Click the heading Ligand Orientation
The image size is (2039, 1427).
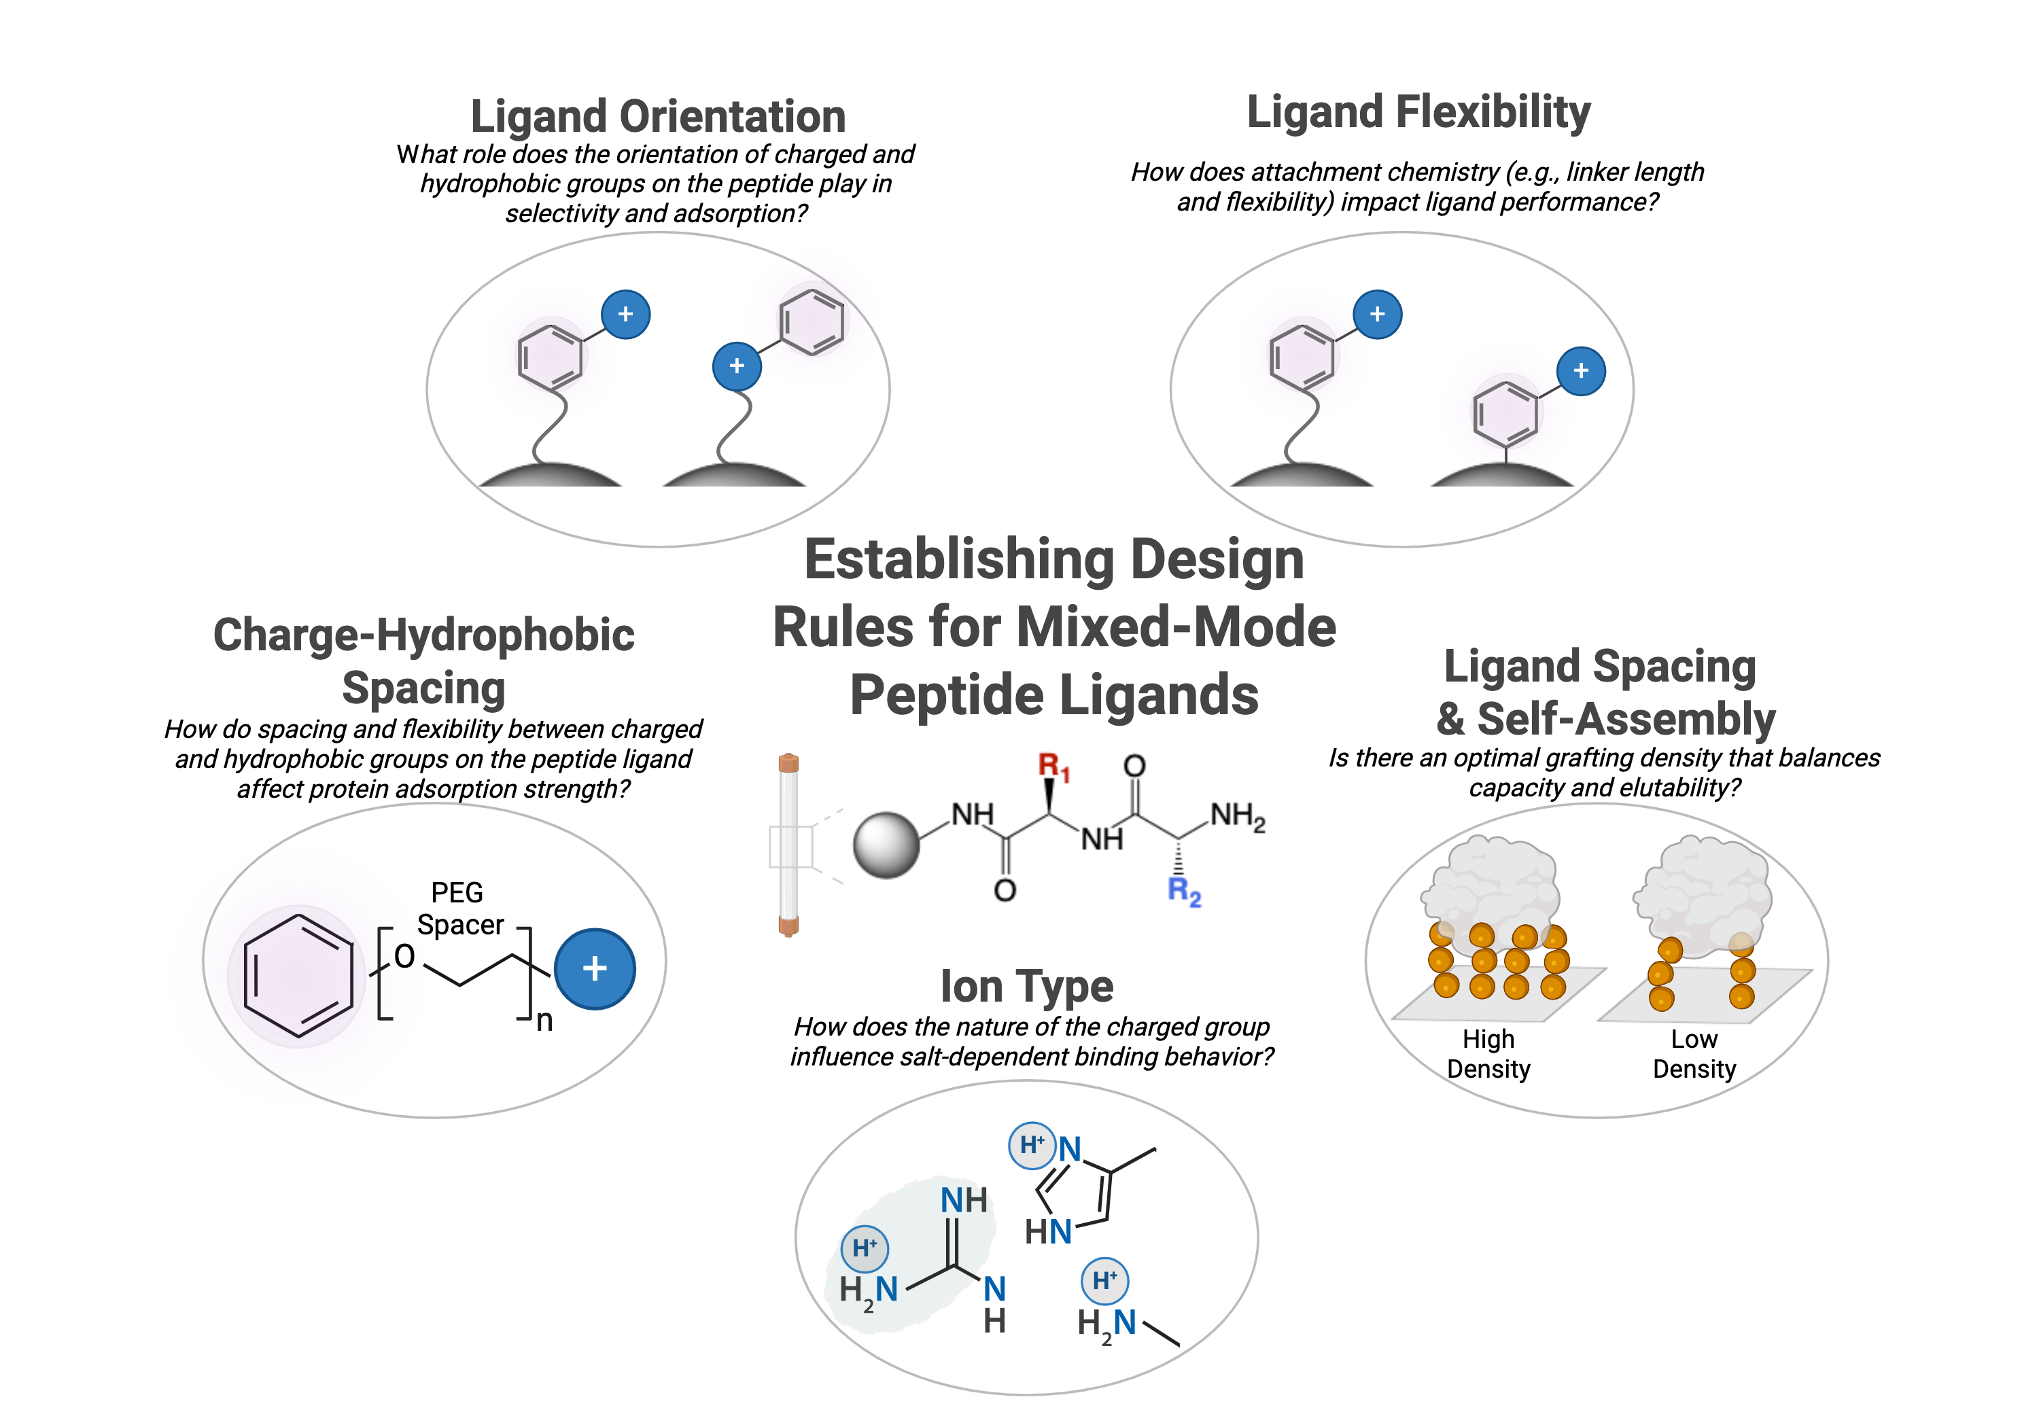[x=657, y=117]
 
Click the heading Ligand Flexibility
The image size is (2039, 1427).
[x=1418, y=113]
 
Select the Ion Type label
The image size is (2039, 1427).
[x=1026, y=987]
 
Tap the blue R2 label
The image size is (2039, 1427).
[x=1185, y=891]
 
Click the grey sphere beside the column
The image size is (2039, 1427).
[x=886, y=845]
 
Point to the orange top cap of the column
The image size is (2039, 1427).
[x=788, y=763]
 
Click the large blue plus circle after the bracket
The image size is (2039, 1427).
[x=594, y=969]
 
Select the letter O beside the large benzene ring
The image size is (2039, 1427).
[x=404, y=956]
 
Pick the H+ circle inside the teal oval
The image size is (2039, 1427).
[x=864, y=1248]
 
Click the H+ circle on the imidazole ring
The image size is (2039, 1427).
[x=1032, y=1146]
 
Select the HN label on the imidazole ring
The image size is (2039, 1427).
[x=1049, y=1233]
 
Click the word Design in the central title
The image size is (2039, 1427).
[x=1217, y=561]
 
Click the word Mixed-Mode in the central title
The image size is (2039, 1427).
[x=1176, y=628]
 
